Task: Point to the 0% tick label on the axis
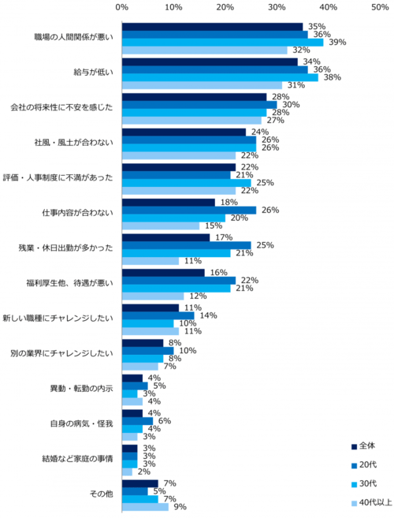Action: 121,7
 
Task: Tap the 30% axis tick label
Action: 276,7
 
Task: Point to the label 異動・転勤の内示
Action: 82,389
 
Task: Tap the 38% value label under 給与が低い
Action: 332,77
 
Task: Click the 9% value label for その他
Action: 180,506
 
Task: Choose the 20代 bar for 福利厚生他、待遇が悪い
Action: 178,281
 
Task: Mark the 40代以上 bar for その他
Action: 144,506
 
